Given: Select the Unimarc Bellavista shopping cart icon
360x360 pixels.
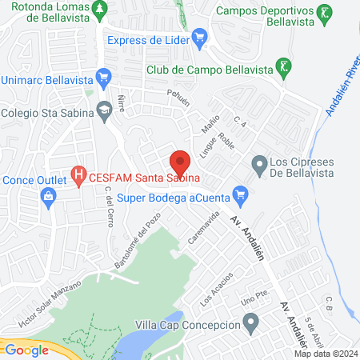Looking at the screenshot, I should [x=102, y=78].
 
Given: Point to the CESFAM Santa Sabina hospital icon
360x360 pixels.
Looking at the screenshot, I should [x=78, y=173].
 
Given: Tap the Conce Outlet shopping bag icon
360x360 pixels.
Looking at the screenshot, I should [x=49, y=195].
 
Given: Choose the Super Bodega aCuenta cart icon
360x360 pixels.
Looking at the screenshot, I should [x=239, y=194].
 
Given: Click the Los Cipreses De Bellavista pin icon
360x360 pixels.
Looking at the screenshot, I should [x=258, y=166].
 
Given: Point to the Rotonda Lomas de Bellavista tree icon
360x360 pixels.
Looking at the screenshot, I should [x=99, y=10].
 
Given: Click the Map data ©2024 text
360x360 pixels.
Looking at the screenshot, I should [x=325, y=354].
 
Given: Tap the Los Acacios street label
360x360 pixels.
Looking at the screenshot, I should [x=217, y=289].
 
